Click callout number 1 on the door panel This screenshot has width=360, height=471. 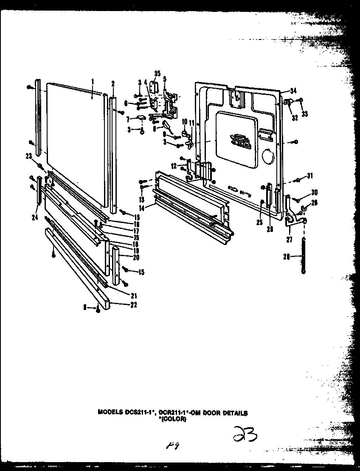(93, 81)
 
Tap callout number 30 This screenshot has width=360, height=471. (315, 192)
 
